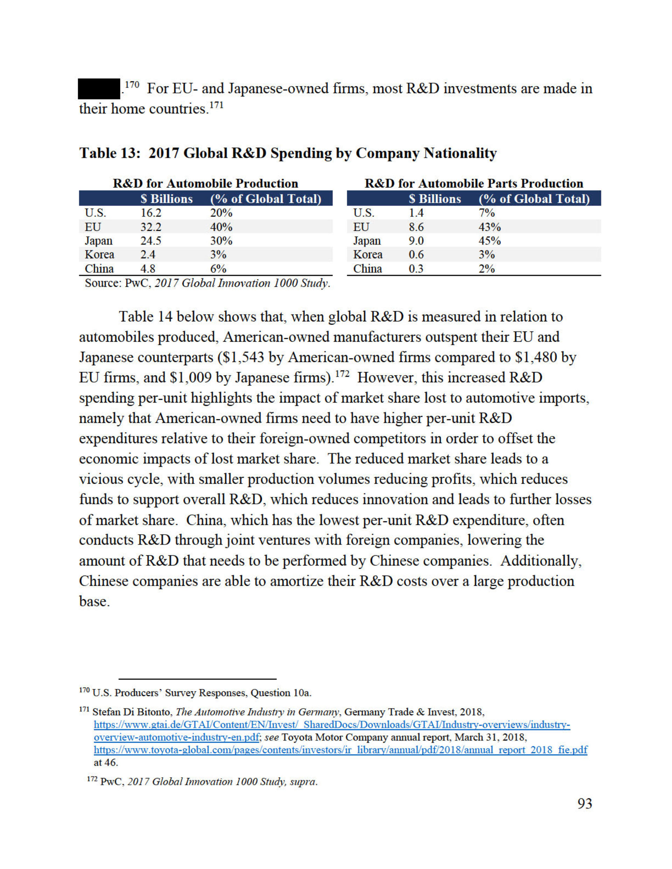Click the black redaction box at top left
99,88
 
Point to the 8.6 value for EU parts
416,227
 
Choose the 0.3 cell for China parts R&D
416,269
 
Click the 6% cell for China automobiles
218,269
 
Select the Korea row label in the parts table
367,255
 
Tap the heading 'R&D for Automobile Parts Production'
474,184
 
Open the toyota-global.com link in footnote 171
340,750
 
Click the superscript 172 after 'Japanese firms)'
342,373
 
